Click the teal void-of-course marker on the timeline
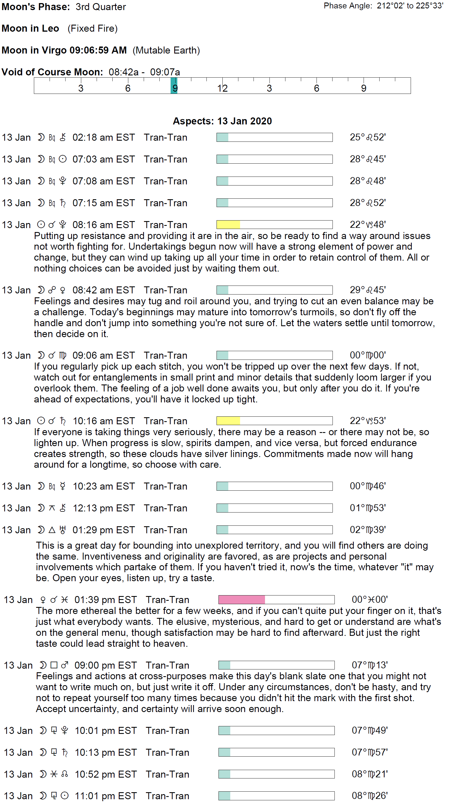click(x=174, y=85)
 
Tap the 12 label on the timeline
click(x=222, y=89)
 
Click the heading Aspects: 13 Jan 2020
click(x=222, y=121)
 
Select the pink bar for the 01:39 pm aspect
click(x=241, y=599)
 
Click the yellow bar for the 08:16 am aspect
click(x=228, y=225)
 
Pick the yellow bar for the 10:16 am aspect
click(x=228, y=421)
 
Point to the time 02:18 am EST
click(x=103, y=138)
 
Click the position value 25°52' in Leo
click(x=368, y=137)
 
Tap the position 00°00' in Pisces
click(x=369, y=599)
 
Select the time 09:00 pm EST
click(x=106, y=665)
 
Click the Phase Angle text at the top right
click(x=383, y=6)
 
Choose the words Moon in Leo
click(x=30, y=29)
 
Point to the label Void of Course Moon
click(x=52, y=72)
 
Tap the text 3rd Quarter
click(x=101, y=7)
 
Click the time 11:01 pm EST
click(x=106, y=796)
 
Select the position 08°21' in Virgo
click(x=369, y=774)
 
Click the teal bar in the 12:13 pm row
click(x=222, y=508)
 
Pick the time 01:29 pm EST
click(x=103, y=530)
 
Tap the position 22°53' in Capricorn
click(x=368, y=421)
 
